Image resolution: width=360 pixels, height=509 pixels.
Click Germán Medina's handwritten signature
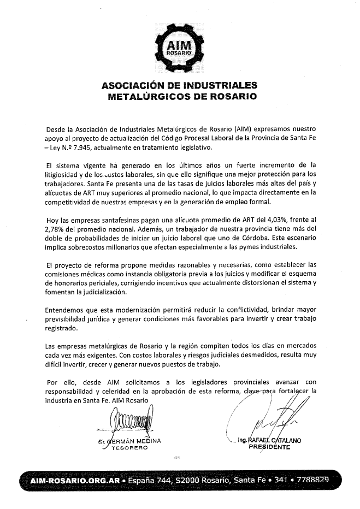click(x=131, y=421)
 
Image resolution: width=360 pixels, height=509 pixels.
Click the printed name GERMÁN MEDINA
click(x=134, y=440)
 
